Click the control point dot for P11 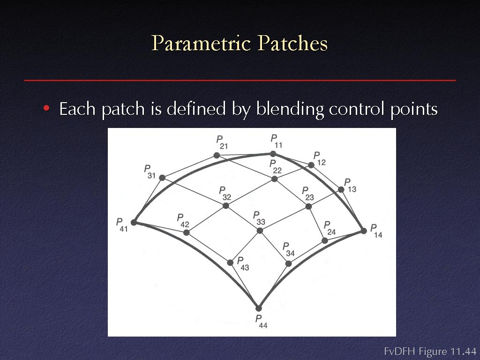273,154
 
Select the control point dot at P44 259,308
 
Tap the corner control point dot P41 134,223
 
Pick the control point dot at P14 364,231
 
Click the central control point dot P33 260,231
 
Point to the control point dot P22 275,179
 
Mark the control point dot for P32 225,206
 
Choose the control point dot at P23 308,207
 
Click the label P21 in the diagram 222,142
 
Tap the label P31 150,172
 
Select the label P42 183,221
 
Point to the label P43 243,264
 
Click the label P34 289,249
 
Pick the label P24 330,228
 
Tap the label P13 350,186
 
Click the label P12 320,159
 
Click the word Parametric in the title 201,43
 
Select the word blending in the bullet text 290,109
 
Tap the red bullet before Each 46,108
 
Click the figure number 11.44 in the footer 463,351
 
